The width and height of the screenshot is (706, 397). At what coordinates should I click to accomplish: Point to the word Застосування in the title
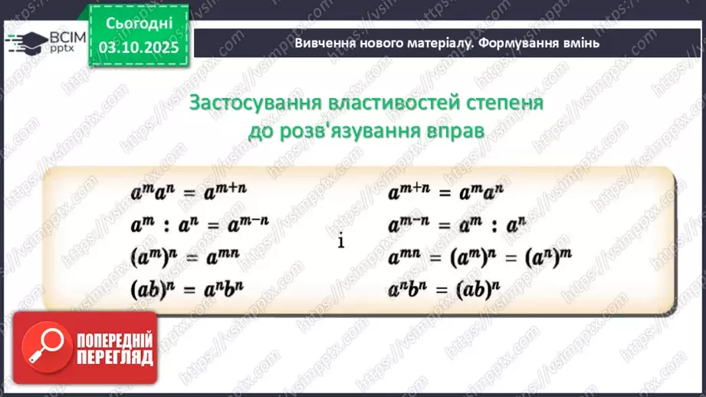pos(254,103)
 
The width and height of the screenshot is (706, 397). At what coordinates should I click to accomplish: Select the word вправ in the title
pos(452,130)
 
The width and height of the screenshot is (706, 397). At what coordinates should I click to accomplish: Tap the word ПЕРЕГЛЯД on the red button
pos(114,358)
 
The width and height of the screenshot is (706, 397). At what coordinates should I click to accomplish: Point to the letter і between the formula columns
pos(340,241)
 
